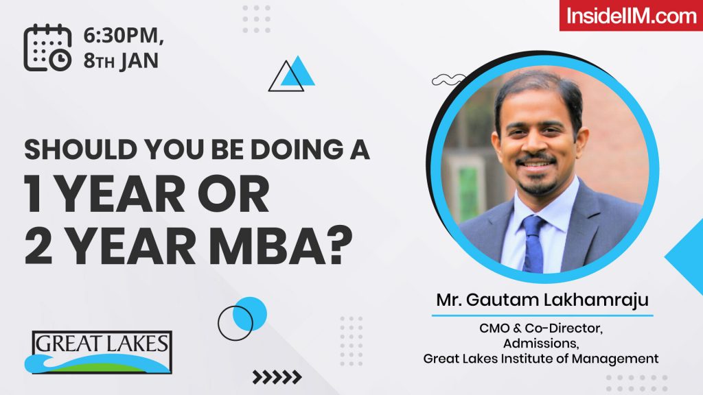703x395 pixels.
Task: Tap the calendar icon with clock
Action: [47, 47]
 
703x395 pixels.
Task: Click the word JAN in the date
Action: [139, 62]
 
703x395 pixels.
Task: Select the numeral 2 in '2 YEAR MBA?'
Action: [38, 247]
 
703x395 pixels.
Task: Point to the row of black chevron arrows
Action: [277, 376]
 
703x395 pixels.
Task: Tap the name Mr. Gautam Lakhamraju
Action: [542, 300]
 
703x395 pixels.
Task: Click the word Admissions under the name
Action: [541, 343]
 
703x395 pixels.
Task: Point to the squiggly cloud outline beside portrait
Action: [447, 80]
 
